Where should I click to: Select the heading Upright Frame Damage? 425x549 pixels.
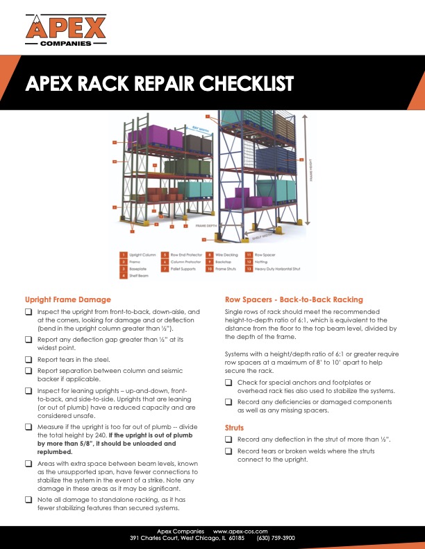pos(67,299)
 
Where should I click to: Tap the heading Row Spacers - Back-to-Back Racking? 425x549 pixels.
pos(294,299)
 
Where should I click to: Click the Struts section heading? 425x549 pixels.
pos(235,428)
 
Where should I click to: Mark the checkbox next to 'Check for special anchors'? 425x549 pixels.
pos(229,383)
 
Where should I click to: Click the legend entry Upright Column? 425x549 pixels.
pos(140,256)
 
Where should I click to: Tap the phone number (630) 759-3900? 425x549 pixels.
pos(276,537)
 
